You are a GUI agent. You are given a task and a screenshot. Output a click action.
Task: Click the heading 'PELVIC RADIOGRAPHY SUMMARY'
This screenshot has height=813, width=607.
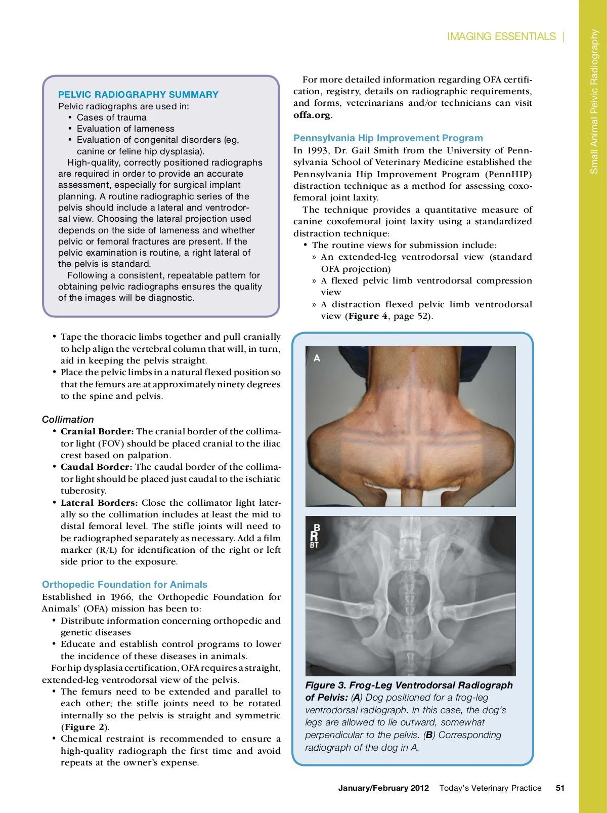pos(138,95)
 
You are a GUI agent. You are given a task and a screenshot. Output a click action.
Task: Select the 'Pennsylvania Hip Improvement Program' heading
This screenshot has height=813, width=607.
pos(388,138)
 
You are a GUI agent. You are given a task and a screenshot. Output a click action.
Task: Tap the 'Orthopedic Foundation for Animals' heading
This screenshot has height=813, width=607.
pos(124,585)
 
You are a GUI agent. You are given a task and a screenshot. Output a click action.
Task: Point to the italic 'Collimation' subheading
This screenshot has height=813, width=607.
pos(68,420)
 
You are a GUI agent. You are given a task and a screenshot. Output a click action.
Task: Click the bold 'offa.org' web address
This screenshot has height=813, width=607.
pos(312,115)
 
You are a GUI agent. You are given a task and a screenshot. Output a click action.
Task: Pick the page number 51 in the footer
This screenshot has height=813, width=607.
pos(560,788)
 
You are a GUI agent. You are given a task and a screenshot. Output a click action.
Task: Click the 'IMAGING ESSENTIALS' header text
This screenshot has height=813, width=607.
pos(501,36)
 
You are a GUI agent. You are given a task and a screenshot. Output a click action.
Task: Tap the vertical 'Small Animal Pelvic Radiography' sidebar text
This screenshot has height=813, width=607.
pos(594,101)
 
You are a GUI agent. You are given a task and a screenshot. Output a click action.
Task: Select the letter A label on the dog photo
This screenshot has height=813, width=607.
pos(317,358)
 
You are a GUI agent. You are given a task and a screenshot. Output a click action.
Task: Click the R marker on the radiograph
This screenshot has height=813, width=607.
pos(314,537)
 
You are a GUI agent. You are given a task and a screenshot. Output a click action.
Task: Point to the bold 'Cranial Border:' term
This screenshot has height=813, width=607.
pos(97,432)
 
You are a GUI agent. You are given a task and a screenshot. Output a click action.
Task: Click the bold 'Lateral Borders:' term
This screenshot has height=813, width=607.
pos(99,503)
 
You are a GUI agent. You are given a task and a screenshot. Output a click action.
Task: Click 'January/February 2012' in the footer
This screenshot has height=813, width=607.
pos(383,788)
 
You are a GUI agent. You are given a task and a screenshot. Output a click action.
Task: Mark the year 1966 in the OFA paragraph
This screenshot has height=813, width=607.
pos(123,597)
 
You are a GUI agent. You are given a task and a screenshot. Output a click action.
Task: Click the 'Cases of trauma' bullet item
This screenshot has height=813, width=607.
pos(111,117)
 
